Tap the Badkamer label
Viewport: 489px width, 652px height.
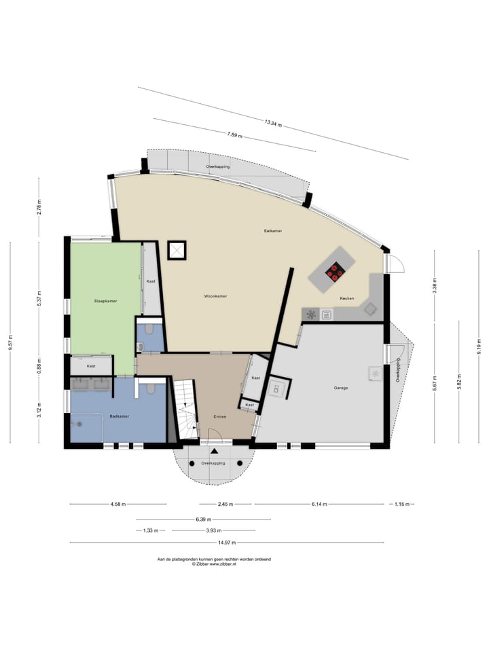[x=120, y=416]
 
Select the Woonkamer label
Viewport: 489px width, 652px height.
[x=215, y=297]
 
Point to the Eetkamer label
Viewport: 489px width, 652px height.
[x=273, y=231]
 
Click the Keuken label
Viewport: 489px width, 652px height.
[x=347, y=298]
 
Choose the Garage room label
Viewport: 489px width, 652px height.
[x=340, y=388]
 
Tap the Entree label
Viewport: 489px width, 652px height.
[x=219, y=416]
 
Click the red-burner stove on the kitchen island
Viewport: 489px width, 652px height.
[x=334, y=273]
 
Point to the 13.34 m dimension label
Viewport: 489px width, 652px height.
[x=274, y=122]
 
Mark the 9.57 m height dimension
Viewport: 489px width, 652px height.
[x=11, y=344]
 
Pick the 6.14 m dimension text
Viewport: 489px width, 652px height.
[x=319, y=505]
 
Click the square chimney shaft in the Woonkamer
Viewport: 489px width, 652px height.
[x=176, y=251]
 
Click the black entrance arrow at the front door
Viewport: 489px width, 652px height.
[x=215, y=450]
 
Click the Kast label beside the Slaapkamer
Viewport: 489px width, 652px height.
[x=151, y=280]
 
